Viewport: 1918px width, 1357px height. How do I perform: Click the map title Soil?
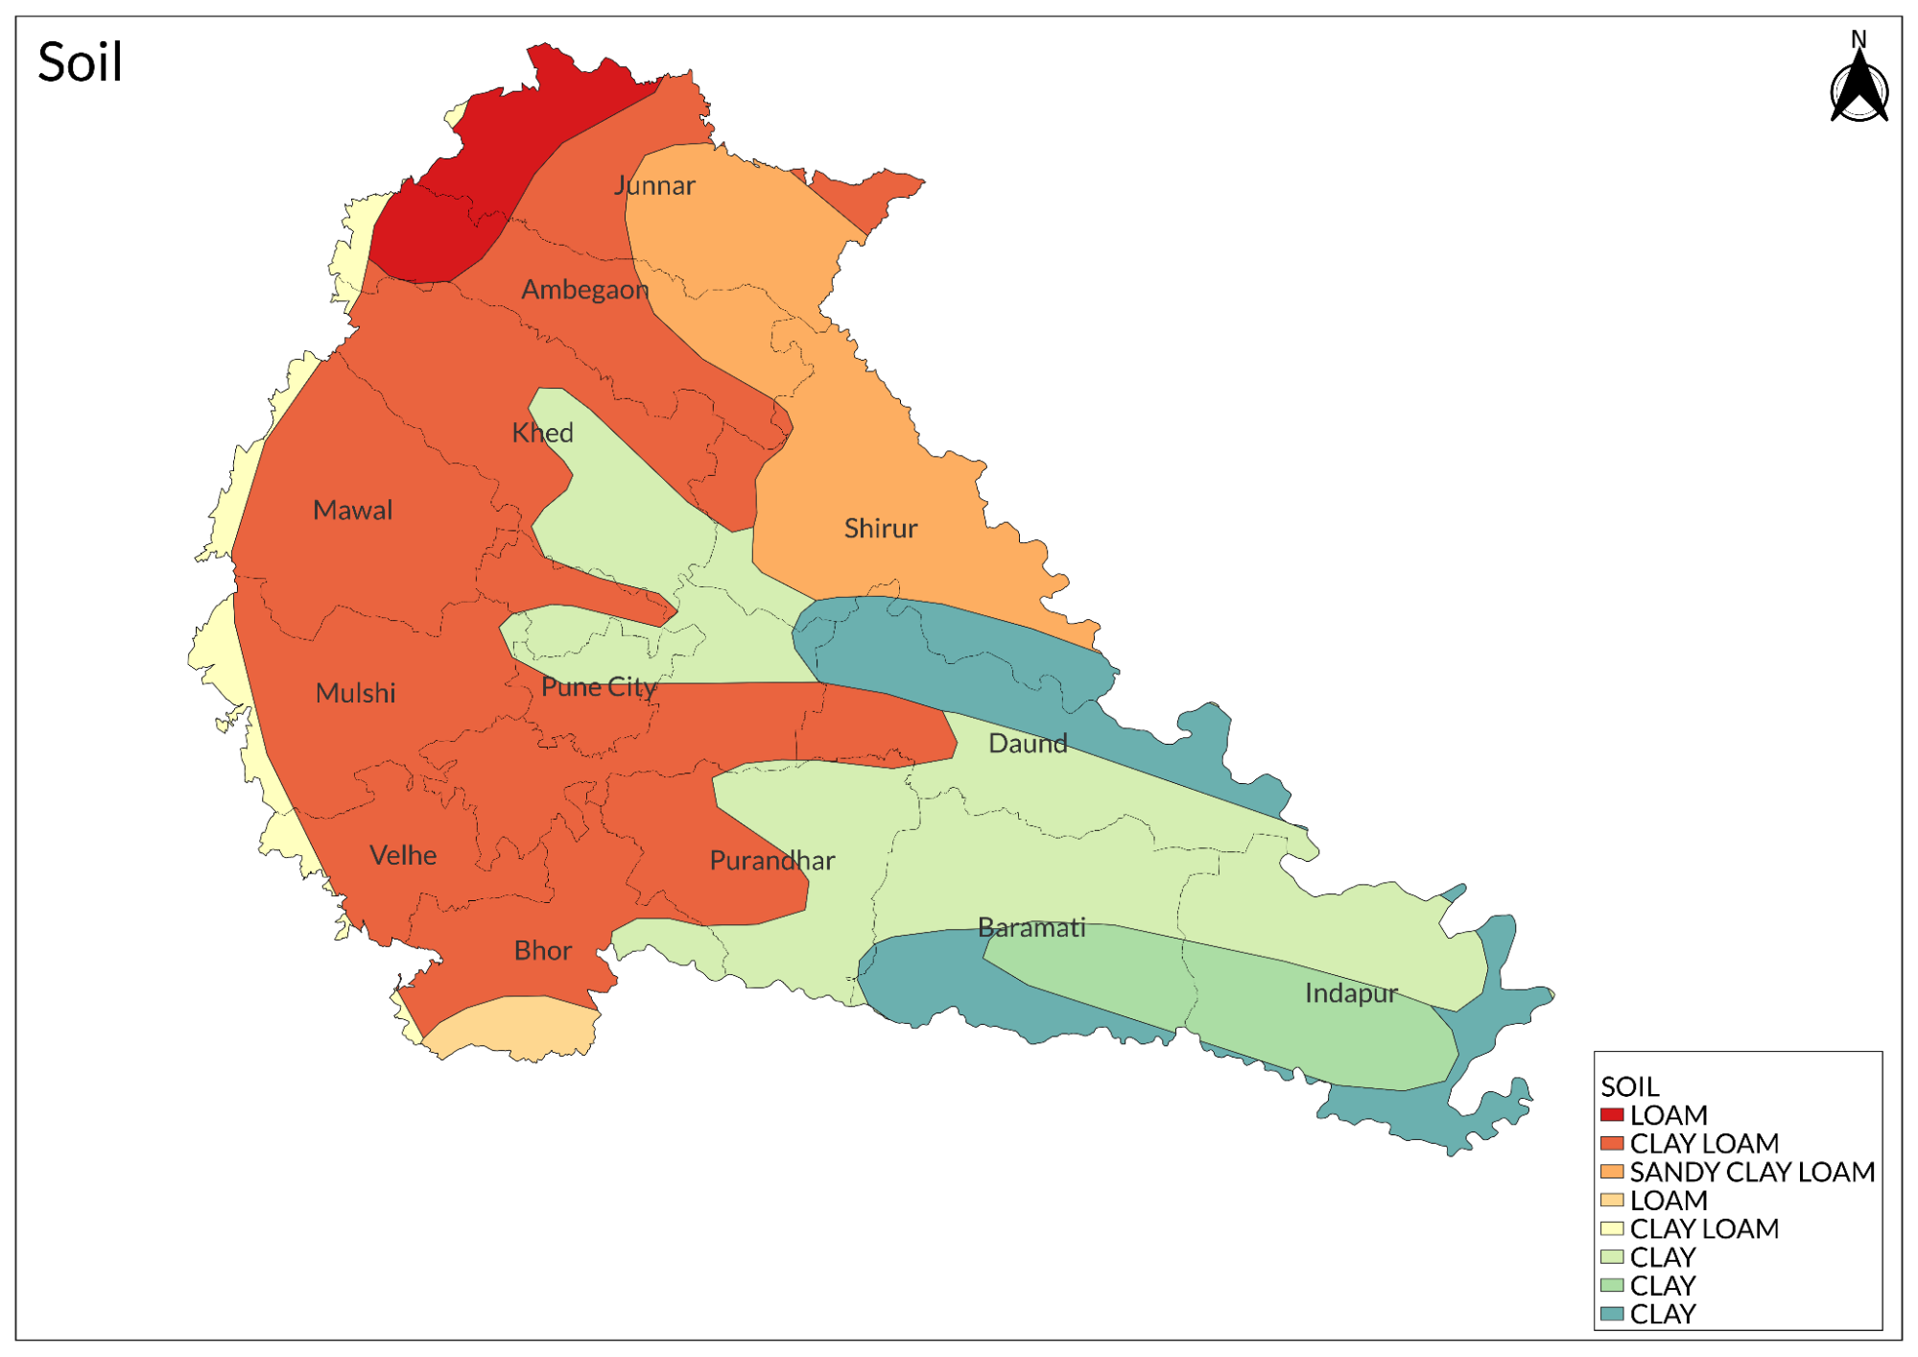[x=80, y=63]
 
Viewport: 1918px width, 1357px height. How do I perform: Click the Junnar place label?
[x=654, y=185]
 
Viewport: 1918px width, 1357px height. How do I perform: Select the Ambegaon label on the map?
[x=584, y=290]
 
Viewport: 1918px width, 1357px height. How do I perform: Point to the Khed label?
[x=542, y=433]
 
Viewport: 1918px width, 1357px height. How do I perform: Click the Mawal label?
[x=352, y=511]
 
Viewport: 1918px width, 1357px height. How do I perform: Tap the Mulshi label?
[x=355, y=693]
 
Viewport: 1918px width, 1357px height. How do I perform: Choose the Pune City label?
[x=599, y=687]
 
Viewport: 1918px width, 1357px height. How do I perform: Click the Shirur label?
[x=880, y=529]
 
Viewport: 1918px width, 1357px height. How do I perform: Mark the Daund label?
[x=1028, y=744]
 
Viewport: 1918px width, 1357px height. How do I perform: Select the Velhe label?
[x=403, y=855]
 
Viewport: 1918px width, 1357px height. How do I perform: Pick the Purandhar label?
[x=771, y=861]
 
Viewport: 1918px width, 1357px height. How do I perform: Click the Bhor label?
[x=542, y=951]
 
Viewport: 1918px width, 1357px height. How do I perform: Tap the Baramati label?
[x=1031, y=928]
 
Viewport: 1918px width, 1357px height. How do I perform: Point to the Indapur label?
[x=1351, y=993]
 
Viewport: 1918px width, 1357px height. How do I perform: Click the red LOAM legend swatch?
[x=1612, y=1115]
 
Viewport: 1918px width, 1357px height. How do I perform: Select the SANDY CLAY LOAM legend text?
[x=1752, y=1172]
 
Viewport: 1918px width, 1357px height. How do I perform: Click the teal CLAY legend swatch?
[x=1612, y=1314]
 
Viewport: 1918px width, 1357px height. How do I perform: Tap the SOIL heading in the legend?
[x=1629, y=1086]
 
